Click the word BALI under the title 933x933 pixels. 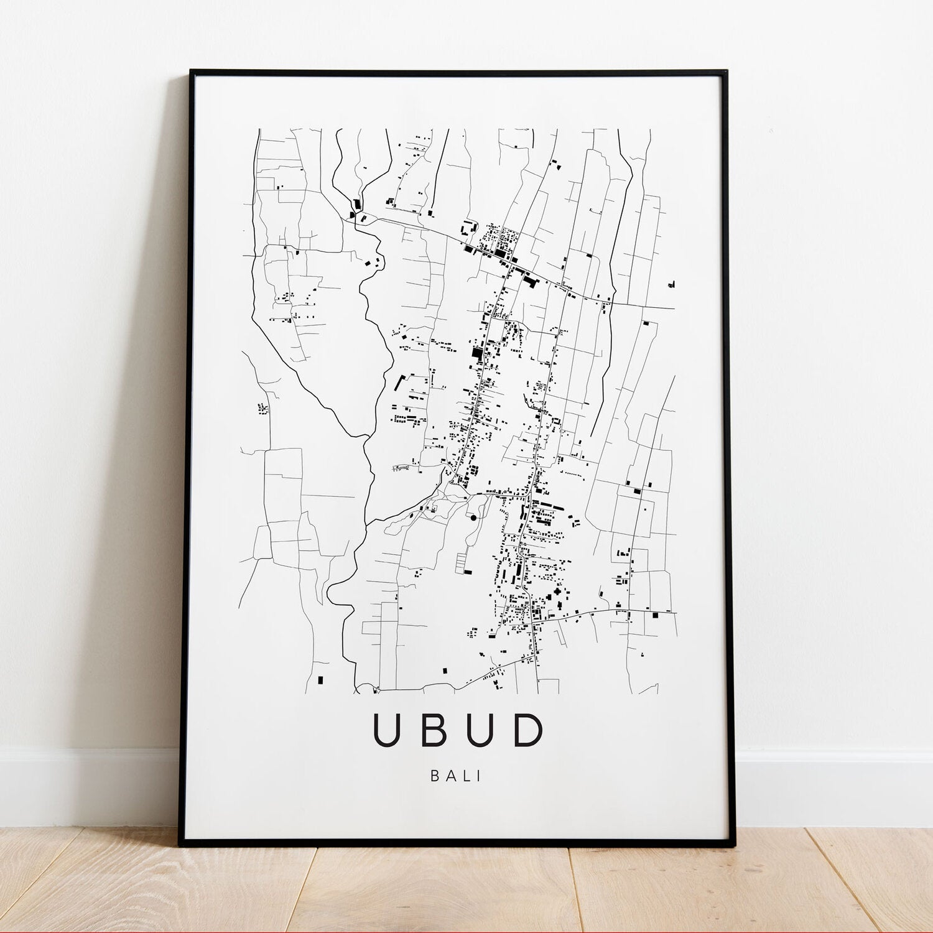456,776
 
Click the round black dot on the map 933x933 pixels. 473,518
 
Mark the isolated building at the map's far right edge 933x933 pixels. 671,284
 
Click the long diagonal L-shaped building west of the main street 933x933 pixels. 399,382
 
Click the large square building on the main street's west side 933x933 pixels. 477,353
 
